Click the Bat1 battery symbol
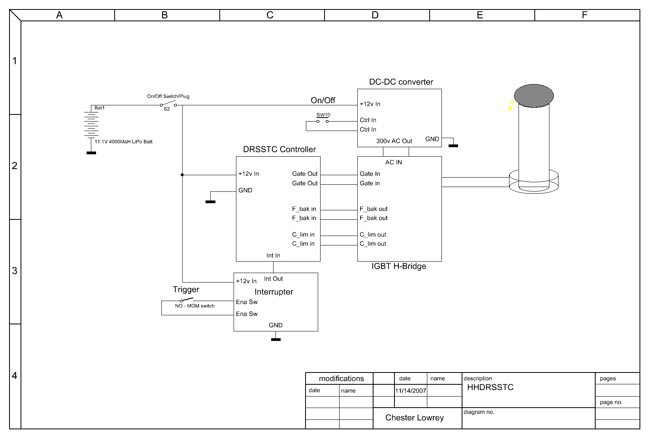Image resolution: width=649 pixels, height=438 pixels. [91, 124]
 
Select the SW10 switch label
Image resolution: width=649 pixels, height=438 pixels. [323, 115]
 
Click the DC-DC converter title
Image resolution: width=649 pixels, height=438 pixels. [401, 82]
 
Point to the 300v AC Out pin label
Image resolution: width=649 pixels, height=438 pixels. [394, 141]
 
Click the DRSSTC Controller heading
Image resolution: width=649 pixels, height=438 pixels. [279, 149]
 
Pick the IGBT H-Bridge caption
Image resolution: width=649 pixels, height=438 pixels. [399, 266]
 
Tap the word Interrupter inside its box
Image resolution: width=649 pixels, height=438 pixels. [274, 292]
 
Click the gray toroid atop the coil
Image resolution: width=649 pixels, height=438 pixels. [534, 96]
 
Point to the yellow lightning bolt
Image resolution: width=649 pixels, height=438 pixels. [511, 103]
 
